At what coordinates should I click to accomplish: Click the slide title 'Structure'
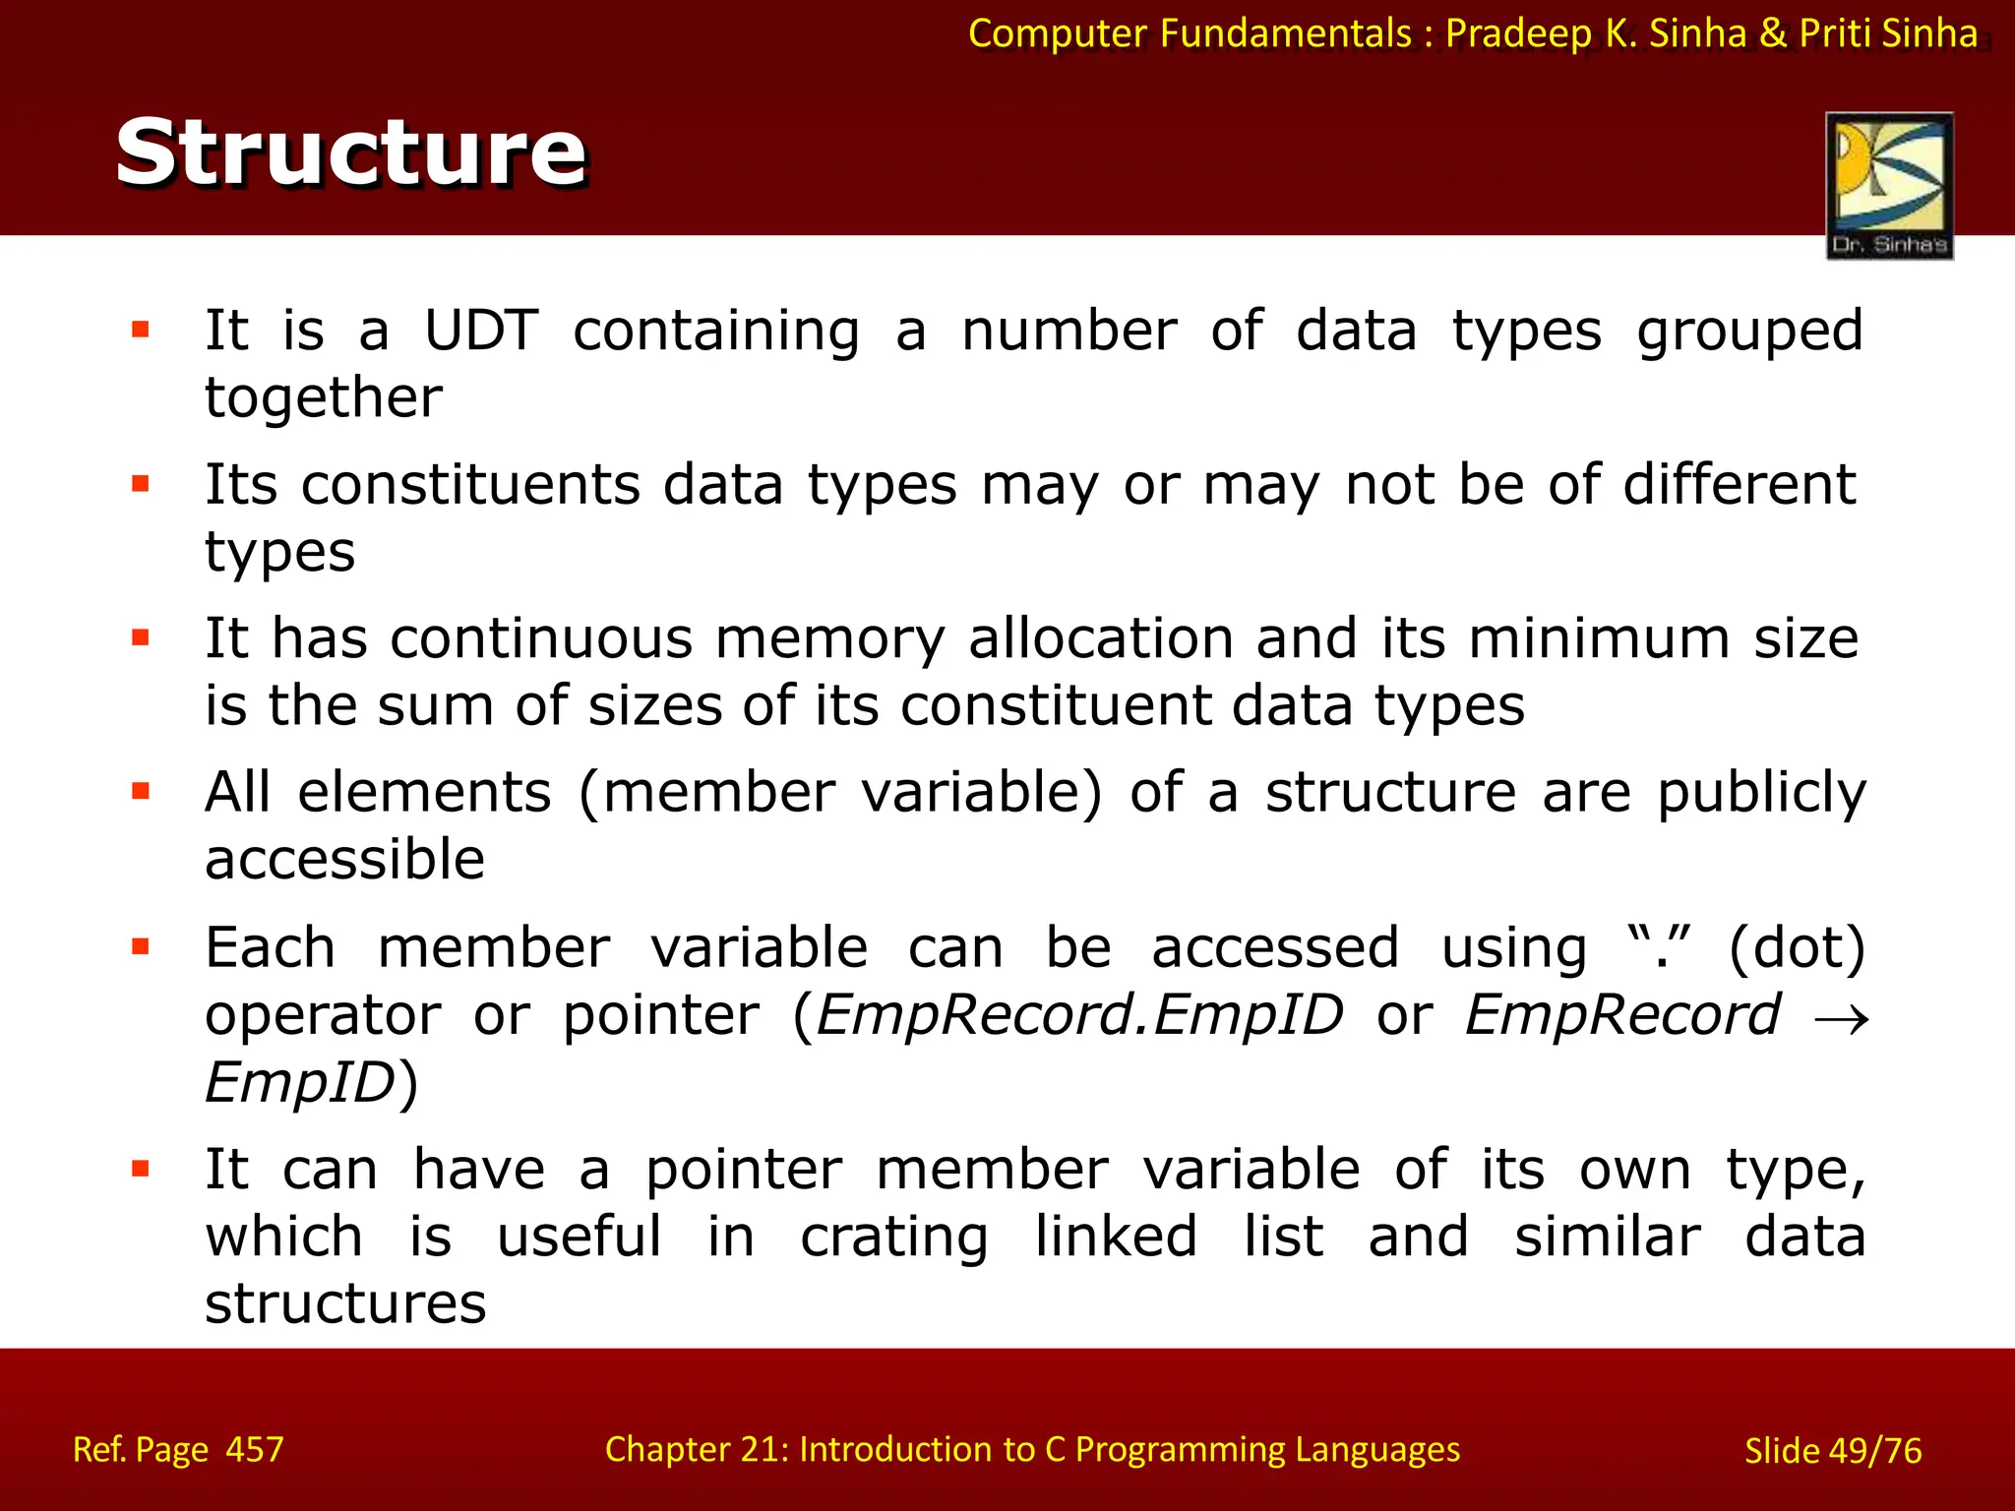(350, 151)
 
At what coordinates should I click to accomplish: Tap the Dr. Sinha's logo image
(1888, 185)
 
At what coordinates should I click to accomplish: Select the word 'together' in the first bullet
(323, 397)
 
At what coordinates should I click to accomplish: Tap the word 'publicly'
(1760, 793)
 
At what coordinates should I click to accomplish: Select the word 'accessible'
(344, 859)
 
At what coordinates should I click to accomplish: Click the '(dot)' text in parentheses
(1797, 947)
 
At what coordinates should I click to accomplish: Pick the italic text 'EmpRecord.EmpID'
(1079, 1015)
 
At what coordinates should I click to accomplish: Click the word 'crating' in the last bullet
(893, 1238)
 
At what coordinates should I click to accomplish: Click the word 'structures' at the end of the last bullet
(344, 1303)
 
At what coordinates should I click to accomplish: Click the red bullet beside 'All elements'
(141, 791)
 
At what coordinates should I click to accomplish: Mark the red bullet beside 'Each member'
(141, 946)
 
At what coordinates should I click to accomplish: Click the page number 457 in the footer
(255, 1449)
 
